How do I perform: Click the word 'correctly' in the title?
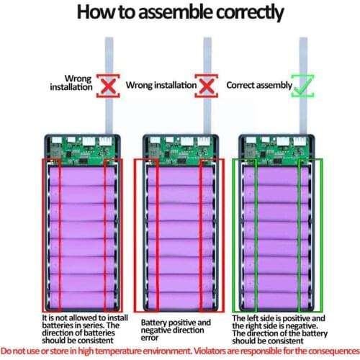coord(251,12)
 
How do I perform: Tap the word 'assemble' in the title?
coord(176,12)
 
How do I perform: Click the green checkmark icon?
coord(302,86)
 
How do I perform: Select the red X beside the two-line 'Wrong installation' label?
coord(108,86)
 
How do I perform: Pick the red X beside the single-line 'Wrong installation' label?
coord(207,86)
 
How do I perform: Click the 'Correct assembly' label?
coord(259,85)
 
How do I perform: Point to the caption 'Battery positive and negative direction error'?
coord(176,330)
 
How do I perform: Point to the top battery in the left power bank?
coord(82,176)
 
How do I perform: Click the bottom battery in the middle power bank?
coord(181,300)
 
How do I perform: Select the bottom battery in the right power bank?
coord(276,300)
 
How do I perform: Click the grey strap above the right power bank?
coord(304,85)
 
